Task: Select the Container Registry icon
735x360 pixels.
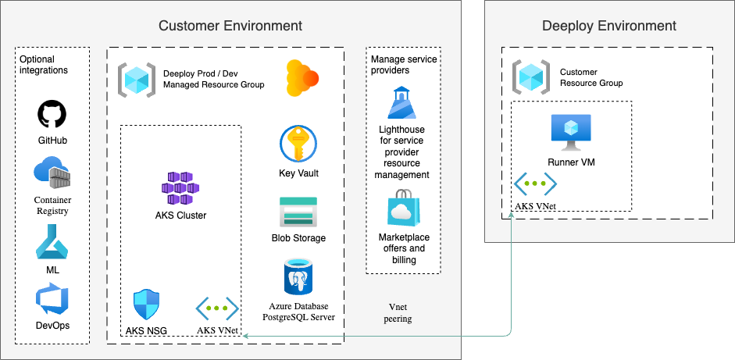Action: pyautogui.click(x=52, y=173)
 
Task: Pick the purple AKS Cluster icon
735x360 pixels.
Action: pyautogui.click(x=180, y=188)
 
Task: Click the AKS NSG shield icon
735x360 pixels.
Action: pyautogui.click(x=147, y=305)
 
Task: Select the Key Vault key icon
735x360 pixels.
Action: pyautogui.click(x=298, y=144)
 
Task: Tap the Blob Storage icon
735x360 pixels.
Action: pyautogui.click(x=298, y=212)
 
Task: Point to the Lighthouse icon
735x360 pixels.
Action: pyautogui.click(x=403, y=103)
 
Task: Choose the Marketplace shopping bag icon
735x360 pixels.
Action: pyautogui.click(x=403, y=209)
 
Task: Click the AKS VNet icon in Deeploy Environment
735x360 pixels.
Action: pyautogui.click(x=535, y=184)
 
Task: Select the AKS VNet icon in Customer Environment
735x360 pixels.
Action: pyautogui.click(x=216, y=308)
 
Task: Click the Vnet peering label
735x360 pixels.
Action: pyautogui.click(x=400, y=313)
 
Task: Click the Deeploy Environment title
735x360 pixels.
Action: pyautogui.click(x=608, y=26)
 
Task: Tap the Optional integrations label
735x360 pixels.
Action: pyautogui.click(x=44, y=65)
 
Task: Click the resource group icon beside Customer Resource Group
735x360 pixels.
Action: pyautogui.click(x=531, y=77)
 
